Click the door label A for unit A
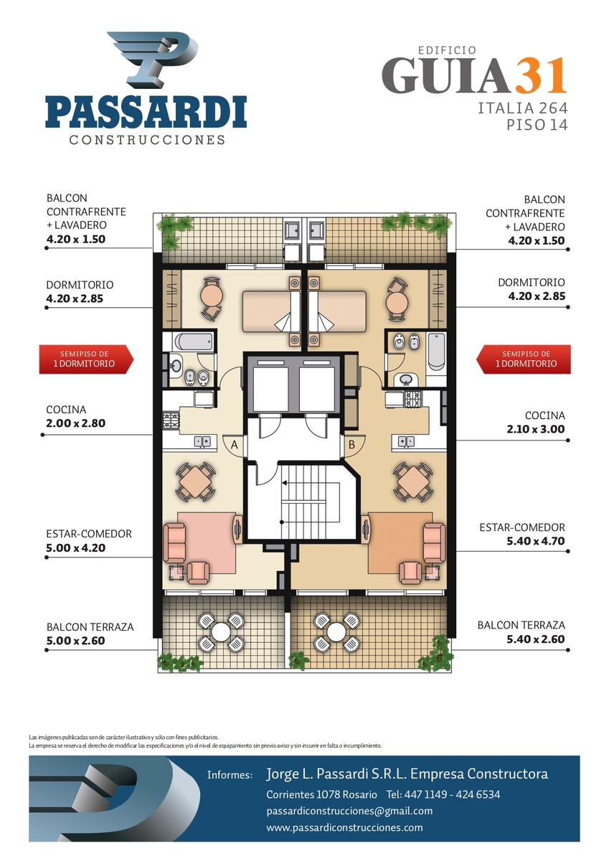click(235, 445)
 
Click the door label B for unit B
click(351, 445)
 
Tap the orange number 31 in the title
click(541, 75)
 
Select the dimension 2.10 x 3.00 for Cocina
click(535, 429)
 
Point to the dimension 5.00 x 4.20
click(76, 547)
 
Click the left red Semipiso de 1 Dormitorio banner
click(86, 359)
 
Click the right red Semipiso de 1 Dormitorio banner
click(524, 359)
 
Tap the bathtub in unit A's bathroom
click(193, 342)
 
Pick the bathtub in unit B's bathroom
click(436, 352)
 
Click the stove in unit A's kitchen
click(171, 420)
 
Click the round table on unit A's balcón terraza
click(220, 631)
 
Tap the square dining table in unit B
click(412, 481)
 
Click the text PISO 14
click(537, 126)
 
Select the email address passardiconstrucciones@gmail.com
click(349, 811)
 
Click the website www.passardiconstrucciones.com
click(344, 827)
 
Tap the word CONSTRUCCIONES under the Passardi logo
click(147, 139)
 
